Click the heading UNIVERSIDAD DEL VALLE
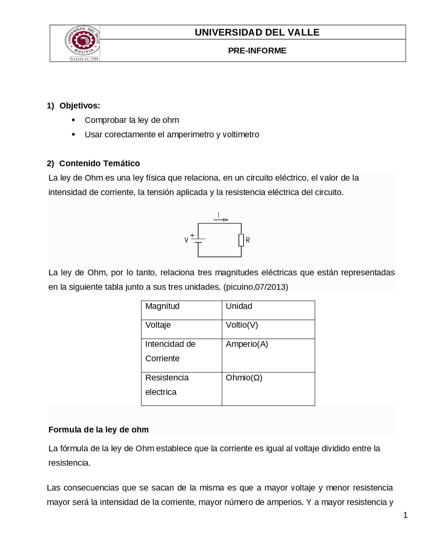pos(257,32)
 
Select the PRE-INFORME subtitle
pos(257,51)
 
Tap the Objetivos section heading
pos(79,106)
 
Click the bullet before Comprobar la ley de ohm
pos(73,120)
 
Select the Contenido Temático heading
pos(99,163)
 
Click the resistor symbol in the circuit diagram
pos(241,240)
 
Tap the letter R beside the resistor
pos(248,240)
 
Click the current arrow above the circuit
pos(222,220)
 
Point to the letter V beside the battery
pos(186,240)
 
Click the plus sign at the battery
pos(192,236)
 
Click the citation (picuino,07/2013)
pos(256,287)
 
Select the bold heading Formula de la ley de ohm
pos(99,430)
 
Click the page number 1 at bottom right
pos(405,516)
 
